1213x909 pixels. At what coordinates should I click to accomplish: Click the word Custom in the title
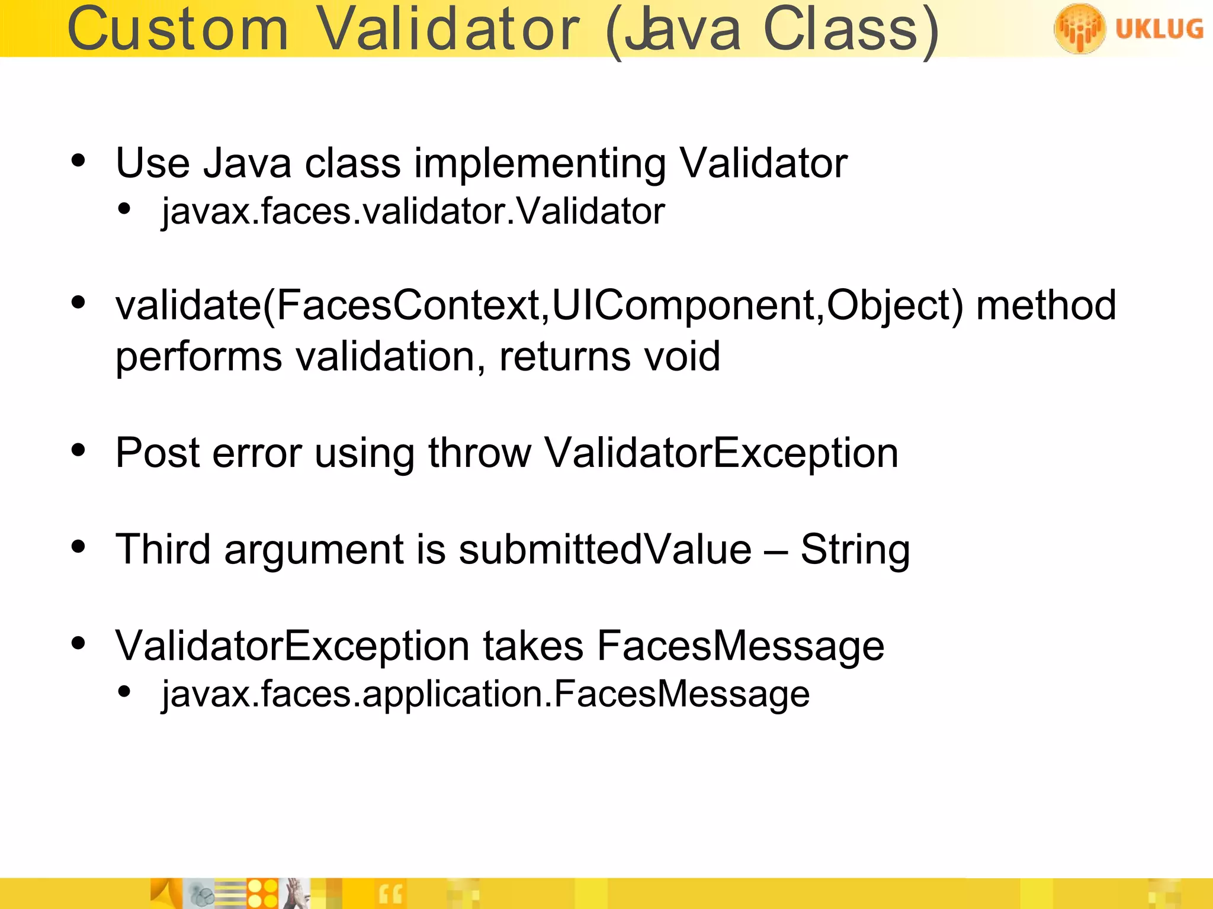178,30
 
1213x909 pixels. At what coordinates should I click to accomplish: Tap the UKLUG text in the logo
1159,28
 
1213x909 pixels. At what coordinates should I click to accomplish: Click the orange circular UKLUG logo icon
1079,28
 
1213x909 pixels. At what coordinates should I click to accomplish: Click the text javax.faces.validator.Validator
413,211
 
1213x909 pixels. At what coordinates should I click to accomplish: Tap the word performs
198,357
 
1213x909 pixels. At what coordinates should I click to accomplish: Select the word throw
480,453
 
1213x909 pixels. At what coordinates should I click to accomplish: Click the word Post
158,453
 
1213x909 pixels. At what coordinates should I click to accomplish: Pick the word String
855,550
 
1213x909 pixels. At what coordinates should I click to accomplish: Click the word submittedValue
605,550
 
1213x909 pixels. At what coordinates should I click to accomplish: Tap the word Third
163,550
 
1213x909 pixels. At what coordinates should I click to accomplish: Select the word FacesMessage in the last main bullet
740,646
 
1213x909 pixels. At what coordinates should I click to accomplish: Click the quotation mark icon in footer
390,894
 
